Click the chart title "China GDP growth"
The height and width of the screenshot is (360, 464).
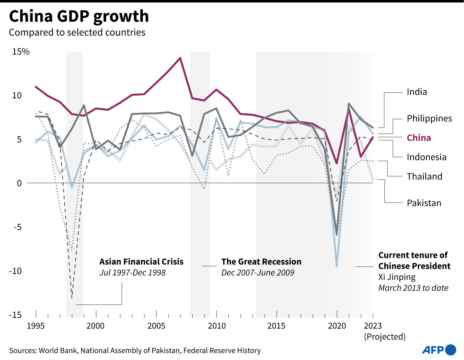79,16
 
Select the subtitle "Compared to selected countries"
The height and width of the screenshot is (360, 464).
77,32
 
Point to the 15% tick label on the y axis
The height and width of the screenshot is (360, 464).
21,52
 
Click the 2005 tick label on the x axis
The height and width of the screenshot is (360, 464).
156,326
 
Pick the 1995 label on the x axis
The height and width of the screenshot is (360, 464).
36,326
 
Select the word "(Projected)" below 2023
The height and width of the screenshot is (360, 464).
385,337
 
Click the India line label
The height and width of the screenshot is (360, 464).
417,92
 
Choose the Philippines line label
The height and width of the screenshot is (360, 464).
429,118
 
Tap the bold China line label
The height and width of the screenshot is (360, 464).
419,138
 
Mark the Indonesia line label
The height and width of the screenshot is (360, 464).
426,157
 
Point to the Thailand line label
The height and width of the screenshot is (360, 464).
424,176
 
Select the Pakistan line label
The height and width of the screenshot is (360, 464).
424,203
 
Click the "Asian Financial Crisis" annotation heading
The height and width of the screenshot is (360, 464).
141,262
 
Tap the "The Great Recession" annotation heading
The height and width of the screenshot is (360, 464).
261,262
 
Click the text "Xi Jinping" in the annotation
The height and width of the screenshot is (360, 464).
397,277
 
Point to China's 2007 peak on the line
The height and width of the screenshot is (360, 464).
180,58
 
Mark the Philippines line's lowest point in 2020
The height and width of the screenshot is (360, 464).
337,266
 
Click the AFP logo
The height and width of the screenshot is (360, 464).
439,350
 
